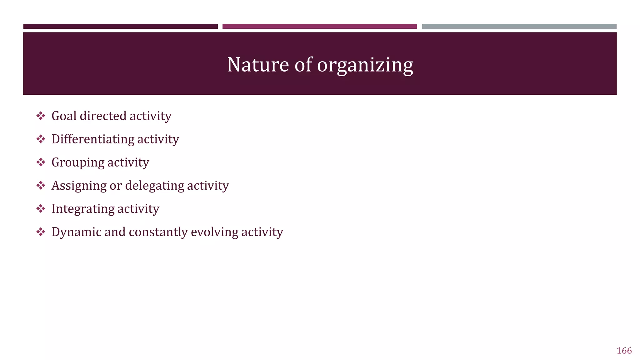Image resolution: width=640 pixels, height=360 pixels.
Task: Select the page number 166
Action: tap(624, 351)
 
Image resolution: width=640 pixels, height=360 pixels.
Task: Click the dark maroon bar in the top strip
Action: tap(120, 27)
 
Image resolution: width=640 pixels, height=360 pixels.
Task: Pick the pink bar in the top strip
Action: tap(319, 27)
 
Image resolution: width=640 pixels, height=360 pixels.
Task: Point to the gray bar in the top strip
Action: tap(519, 27)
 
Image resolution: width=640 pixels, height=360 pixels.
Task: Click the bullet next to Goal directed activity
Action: tap(41, 116)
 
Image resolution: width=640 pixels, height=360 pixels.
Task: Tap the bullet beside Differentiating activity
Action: tap(41, 139)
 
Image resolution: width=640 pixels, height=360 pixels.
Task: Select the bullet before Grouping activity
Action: tap(41, 162)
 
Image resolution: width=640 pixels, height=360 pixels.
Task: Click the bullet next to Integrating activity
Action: tap(41, 208)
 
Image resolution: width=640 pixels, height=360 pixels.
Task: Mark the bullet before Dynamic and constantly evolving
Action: tap(41, 232)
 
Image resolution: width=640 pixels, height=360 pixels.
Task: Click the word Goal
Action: tap(64, 116)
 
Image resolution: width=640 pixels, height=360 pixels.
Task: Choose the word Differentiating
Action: tap(92, 139)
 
